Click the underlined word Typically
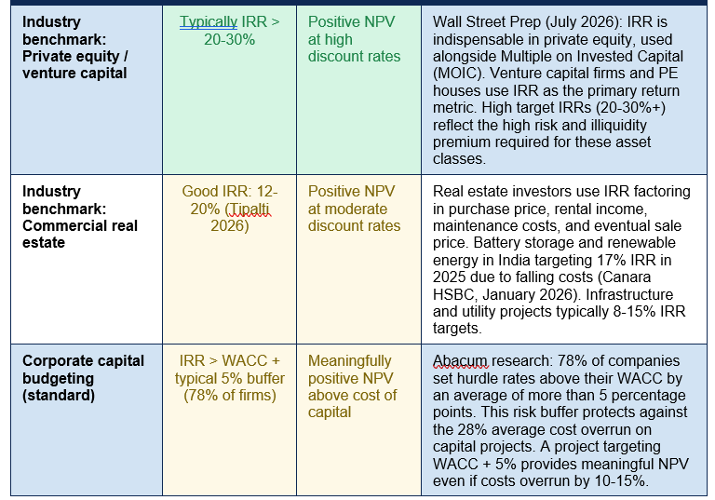(x=209, y=22)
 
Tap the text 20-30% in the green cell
(x=229, y=40)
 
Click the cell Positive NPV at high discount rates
(x=354, y=39)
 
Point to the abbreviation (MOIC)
(x=457, y=74)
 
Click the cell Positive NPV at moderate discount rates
(x=354, y=209)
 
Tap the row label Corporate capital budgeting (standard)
(x=83, y=378)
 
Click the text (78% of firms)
(x=230, y=395)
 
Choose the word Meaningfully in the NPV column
(x=350, y=361)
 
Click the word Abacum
(x=460, y=361)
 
